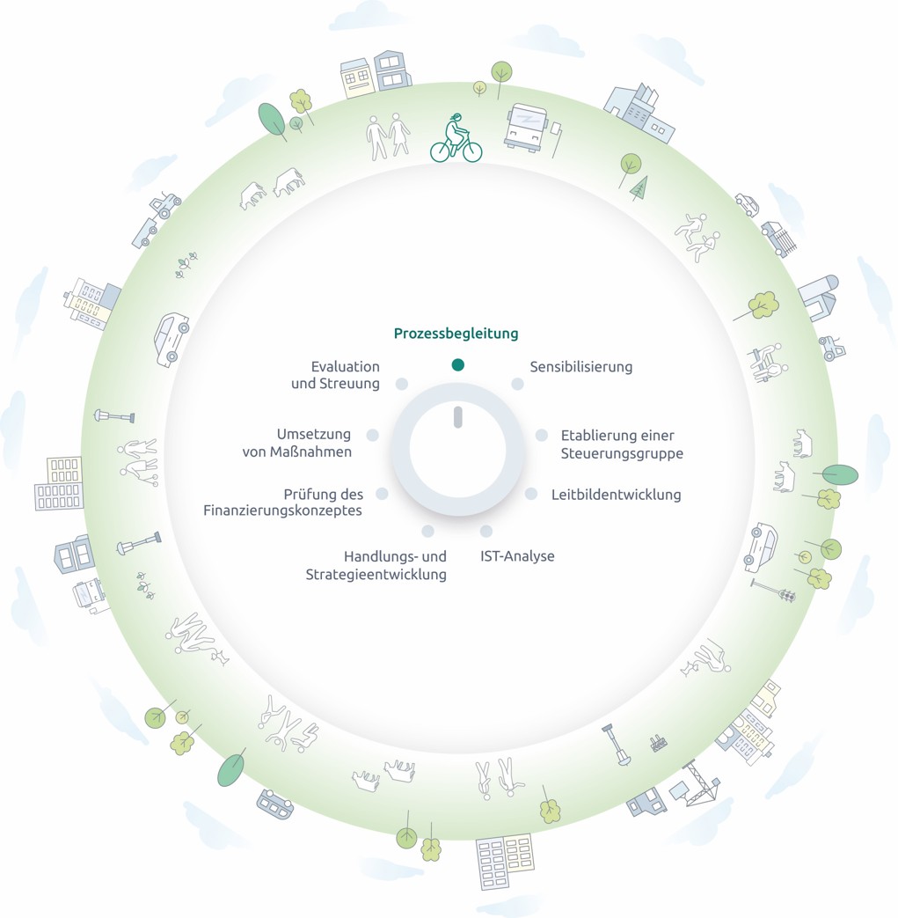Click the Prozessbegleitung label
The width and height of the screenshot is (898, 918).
(456, 334)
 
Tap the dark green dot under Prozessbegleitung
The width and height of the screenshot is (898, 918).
(457, 364)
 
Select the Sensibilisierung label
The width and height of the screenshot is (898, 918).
(580, 366)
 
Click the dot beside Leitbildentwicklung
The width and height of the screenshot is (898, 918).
(531, 494)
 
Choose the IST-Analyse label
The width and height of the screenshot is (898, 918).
(517, 556)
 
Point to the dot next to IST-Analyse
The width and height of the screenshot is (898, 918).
(486, 531)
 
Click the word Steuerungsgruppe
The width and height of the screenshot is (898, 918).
(622, 454)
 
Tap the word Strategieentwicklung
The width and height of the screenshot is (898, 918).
(376, 575)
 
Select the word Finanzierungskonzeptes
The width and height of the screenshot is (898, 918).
(282, 510)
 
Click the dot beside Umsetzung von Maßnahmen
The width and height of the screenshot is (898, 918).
(373, 435)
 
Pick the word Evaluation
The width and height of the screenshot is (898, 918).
(346, 366)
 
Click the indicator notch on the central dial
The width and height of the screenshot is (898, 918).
(457, 417)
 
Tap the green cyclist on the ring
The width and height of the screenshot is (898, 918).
(456, 140)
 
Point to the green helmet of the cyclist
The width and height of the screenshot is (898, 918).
(455, 118)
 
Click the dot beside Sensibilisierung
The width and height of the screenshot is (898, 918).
(517, 384)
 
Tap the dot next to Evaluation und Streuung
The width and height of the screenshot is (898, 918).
(402, 384)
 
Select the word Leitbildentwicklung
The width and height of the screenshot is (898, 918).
(616, 495)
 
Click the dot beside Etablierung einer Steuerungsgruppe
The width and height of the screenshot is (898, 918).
(542, 435)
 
